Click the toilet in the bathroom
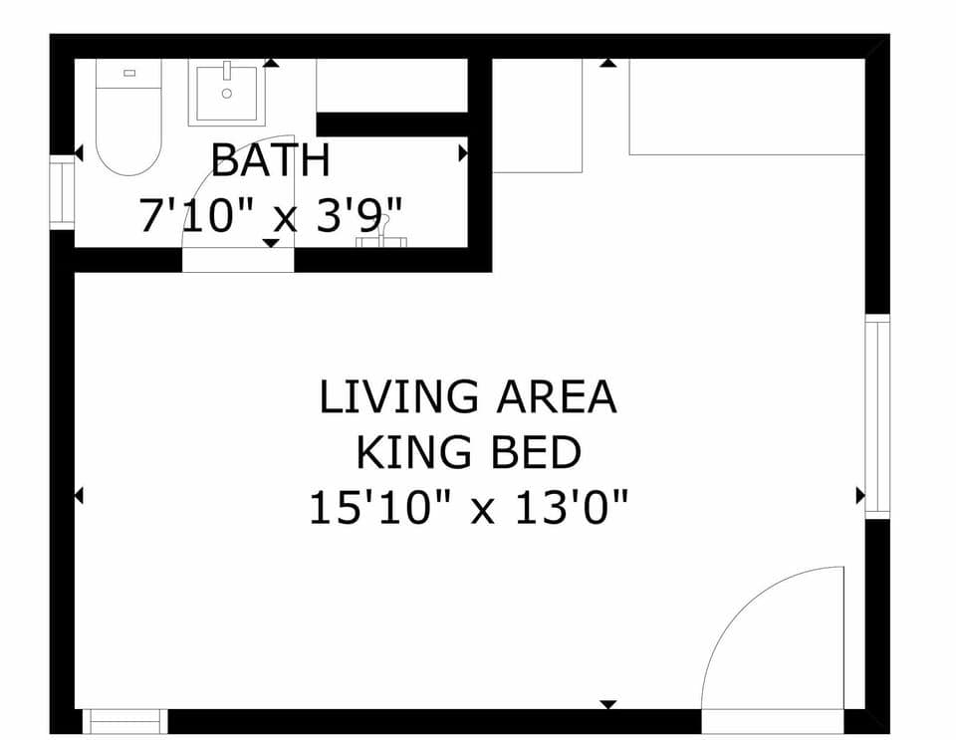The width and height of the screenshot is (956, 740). click(128, 124)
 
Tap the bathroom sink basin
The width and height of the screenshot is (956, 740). click(226, 93)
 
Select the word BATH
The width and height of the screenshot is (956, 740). click(270, 159)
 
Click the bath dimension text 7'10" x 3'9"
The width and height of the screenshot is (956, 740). click(271, 215)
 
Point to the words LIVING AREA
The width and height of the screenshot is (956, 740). click(467, 397)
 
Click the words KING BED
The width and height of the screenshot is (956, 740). click(468, 453)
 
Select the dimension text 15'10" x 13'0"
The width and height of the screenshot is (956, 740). click(468, 509)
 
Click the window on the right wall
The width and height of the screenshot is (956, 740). click(876, 415)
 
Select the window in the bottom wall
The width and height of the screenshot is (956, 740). click(124, 720)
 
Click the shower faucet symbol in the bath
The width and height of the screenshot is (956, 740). click(381, 239)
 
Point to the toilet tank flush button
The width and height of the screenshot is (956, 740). click(128, 73)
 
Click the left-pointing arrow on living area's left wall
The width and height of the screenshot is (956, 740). click(79, 495)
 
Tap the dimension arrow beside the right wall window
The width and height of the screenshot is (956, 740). click(859, 495)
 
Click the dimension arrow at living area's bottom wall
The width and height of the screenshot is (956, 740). click(607, 704)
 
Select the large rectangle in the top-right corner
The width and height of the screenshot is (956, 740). click(746, 107)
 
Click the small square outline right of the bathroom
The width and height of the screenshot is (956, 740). click(537, 116)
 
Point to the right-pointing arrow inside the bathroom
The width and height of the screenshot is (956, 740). click(463, 153)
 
